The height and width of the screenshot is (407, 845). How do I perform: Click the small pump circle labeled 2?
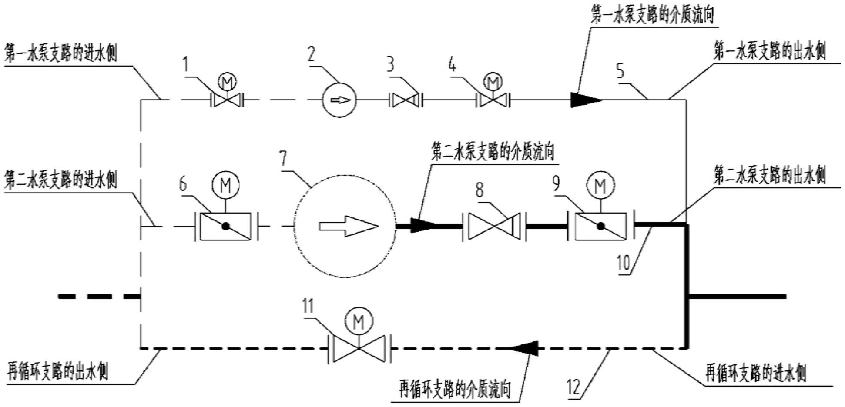(339, 100)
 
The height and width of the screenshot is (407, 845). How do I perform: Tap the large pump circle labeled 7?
(345, 226)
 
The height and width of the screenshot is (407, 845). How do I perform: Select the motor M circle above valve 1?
(226, 81)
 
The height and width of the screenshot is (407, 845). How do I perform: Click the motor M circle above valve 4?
(493, 81)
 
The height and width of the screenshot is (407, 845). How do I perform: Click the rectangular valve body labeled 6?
(225, 226)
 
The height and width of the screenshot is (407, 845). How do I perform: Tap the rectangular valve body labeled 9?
(600, 226)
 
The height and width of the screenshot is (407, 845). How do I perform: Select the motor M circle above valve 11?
(359, 322)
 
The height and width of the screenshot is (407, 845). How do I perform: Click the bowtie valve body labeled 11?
(359, 348)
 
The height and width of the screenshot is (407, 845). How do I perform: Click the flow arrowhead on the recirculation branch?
(524, 348)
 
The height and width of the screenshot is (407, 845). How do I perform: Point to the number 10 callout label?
(624, 263)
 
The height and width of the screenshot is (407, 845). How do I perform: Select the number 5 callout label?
(620, 71)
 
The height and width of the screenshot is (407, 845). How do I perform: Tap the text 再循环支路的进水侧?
(755, 373)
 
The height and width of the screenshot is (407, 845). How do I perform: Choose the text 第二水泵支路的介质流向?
(493, 153)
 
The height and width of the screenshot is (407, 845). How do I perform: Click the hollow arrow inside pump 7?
(348, 226)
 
